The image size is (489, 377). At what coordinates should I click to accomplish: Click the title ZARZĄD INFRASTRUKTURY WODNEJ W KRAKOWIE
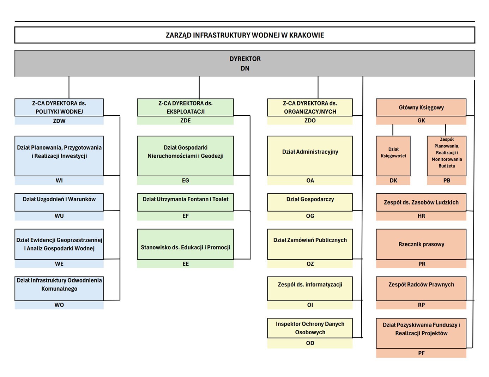pyautogui.click(x=244, y=35)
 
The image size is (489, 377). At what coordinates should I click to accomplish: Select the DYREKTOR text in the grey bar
pyautogui.click(x=245, y=59)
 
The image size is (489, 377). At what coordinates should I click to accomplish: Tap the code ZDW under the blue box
pyautogui.click(x=59, y=121)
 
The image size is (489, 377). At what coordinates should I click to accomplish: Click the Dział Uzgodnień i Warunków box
pyautogui.click(x=59, y=202)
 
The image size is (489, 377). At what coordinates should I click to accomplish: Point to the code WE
pyautogui.click(x=59, y=264)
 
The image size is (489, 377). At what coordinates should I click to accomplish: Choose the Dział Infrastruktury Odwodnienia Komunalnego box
pyautogui.click(x=59, y=288)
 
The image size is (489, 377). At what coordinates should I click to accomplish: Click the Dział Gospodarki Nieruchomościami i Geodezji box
pyautogui.click(x=185, y=156)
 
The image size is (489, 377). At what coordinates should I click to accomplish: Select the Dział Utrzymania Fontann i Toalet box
pyautogui.click(x=185, y=202)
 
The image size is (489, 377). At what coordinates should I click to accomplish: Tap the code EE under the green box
pyautogui.click(x=185, y=264)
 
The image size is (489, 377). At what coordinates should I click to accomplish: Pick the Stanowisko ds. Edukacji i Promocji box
pyautogui.click(x=185, y=244)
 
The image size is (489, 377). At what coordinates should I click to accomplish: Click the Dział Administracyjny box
pyautogui.click(x=310, y=156)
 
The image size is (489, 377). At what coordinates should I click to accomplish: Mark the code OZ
pyautogui.click(x=310, y=264)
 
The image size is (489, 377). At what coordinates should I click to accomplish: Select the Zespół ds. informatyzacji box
pyautogui.click(x=310, y=288)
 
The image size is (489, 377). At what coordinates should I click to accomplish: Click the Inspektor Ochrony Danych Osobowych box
pyautogui.click(x=310, y=328)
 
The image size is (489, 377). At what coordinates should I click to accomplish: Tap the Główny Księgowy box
pyautogui.click(x=421, y=108)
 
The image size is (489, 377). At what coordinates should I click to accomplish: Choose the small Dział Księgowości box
pyautogui.click(x=393, y=156)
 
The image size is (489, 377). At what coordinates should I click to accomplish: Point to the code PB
pyautogui.click(x=446, y=181)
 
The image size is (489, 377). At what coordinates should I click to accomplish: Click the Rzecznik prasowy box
pyautogui.click(x=421, y=244)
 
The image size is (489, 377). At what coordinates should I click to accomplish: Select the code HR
pyautogui.click(x=421, y=216)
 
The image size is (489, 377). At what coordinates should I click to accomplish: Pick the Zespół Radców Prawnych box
pyautogui.click(x=421, y=288)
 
